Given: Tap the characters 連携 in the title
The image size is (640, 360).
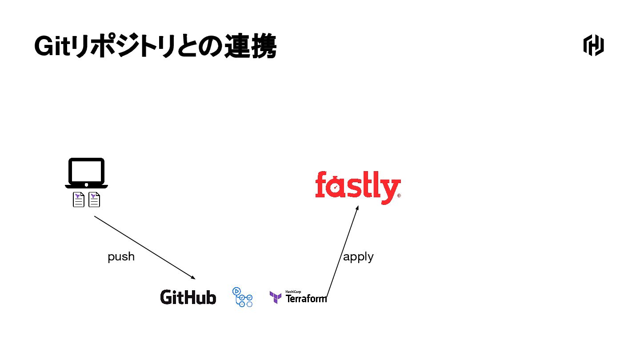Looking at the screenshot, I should (x=250, y=46).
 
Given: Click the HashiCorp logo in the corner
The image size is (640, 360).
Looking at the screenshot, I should (x=593, y=45).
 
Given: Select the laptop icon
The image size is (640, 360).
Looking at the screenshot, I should (x=87, y=173).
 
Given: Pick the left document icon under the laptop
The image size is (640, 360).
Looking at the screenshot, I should (x=79, y=200).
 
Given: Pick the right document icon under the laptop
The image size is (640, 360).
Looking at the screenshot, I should (x=94, y=200).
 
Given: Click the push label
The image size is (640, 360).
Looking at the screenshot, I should (x=121, y=257).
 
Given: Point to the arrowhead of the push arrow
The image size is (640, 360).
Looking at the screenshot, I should (x=193, y=278).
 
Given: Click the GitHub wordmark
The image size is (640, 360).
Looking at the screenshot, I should (x=188, y=297).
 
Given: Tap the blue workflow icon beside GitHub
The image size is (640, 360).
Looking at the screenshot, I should (x=243, y=297).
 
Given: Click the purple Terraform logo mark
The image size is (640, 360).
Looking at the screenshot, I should (x=276, y=297).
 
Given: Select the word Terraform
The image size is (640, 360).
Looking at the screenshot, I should (x=306, y=299).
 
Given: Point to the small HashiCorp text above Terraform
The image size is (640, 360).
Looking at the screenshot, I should (x=293, y=292).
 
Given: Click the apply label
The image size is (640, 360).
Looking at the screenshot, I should (x=358, y=257).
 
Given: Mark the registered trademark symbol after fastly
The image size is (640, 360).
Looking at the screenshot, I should (x=399, y=196).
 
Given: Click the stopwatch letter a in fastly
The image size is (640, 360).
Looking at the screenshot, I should (x=336, y=188).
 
